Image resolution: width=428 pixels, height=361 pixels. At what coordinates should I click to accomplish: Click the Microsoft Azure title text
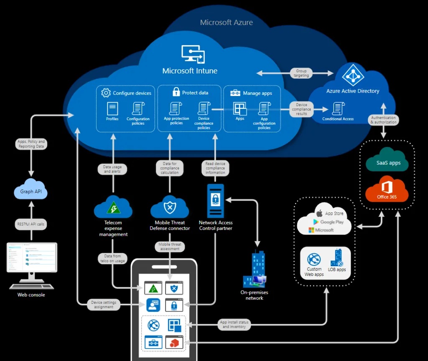pyautogui.click(x=226, y=23)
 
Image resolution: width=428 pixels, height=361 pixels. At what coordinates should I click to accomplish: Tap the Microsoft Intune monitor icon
pyautogui.click(x=193, y=54)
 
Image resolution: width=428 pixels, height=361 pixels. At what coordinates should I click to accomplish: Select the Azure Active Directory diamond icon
pyautogui.click(x=353, y=76)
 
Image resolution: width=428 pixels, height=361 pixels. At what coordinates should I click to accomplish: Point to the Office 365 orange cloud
pyautogui.click(x=387, y=190)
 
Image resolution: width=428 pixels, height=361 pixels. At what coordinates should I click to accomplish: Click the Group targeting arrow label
pyautogui.click(x=301, y=73)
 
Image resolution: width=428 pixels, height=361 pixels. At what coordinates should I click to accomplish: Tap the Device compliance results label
pyautogui.click(x=301, y=109)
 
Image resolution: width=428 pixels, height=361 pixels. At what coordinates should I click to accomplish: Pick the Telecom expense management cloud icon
pyautogui.click(x=113, y=206)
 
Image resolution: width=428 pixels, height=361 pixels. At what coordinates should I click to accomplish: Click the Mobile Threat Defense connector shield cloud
pyautogui.click(x=170, y=206)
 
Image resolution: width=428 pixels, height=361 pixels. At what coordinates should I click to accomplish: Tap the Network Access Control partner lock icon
pyautogui.click(x=216, y=199)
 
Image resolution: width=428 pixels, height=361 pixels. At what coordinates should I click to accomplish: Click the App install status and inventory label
pyautogui.click(x=234, y=324)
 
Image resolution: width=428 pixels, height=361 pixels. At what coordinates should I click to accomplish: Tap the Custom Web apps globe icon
pyautogui.click(x=314, y=260)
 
